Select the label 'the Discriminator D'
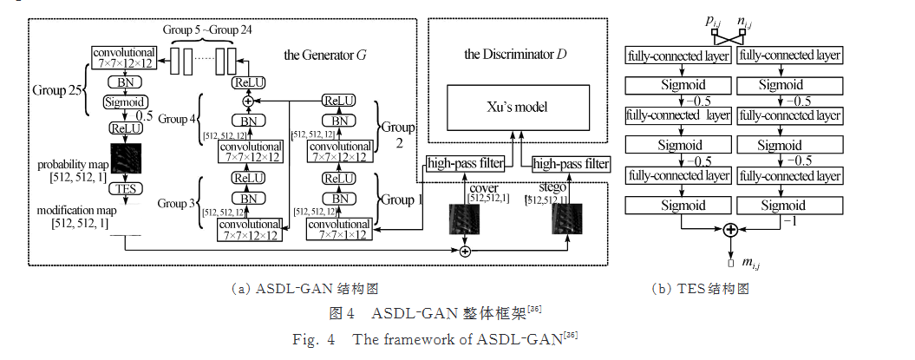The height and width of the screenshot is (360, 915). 515,56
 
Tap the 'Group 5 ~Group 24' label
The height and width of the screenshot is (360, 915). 207,29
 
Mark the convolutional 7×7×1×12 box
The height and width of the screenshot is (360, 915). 333,228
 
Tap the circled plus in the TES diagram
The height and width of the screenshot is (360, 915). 729,230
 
